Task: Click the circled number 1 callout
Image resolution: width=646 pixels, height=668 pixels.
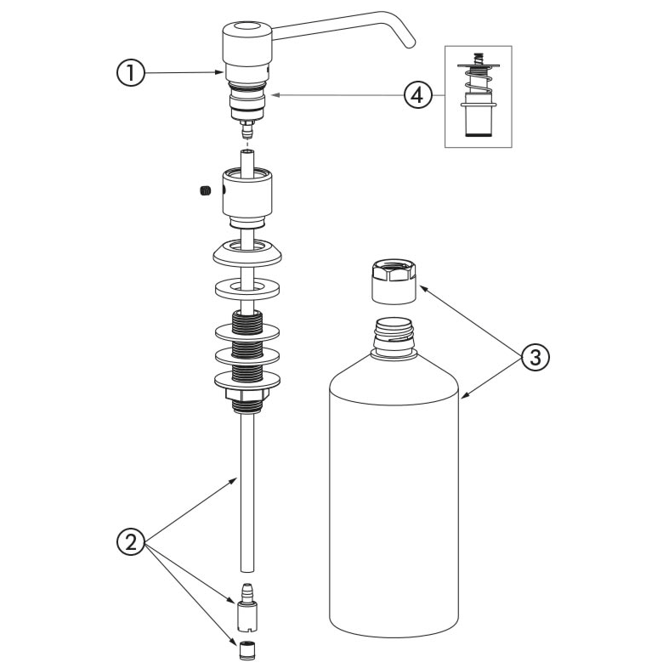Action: point(129,73)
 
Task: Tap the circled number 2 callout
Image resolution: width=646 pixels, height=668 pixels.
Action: point(129,541)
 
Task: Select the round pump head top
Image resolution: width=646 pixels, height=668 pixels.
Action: point(246,34)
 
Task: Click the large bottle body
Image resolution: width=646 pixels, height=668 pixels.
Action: point(394,501)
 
